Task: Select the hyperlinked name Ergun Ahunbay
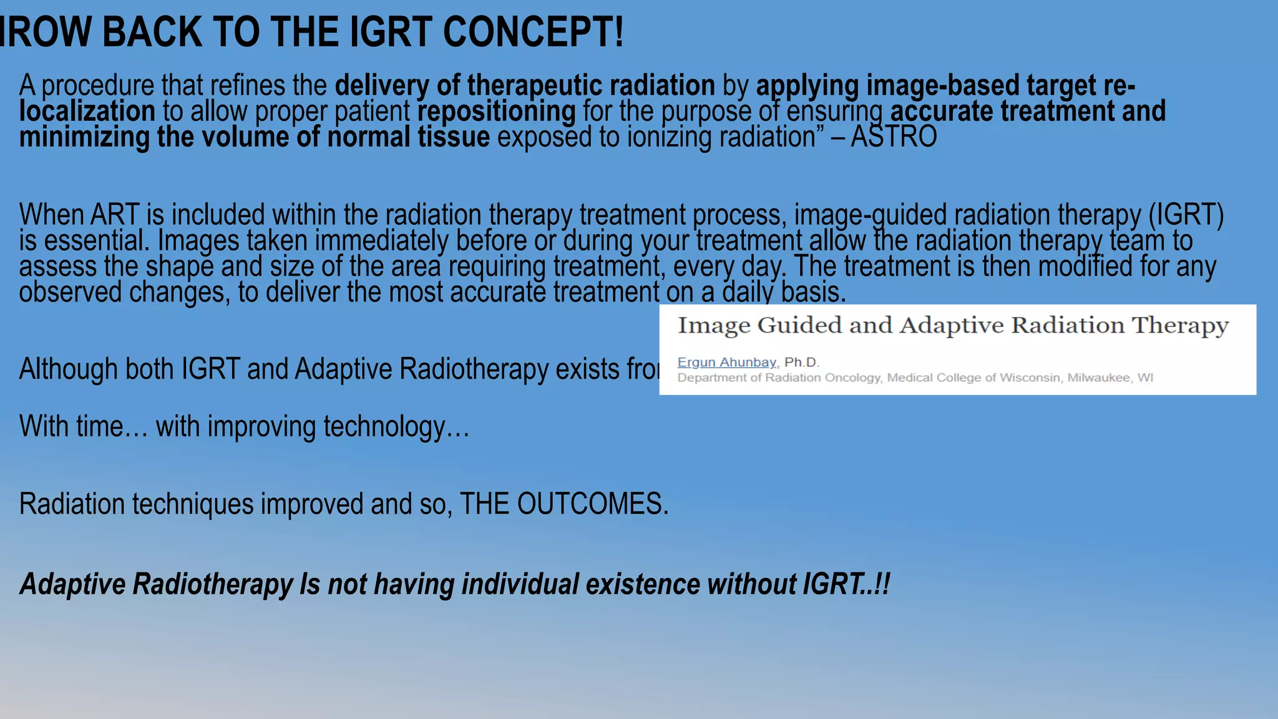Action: coord(727,363)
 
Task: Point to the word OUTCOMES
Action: coord(592,504)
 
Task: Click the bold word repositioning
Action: coord(497,111)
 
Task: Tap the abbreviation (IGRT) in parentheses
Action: coord(1186,215)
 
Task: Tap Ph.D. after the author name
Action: coord(802,363)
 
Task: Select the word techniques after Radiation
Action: coord(193,504)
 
